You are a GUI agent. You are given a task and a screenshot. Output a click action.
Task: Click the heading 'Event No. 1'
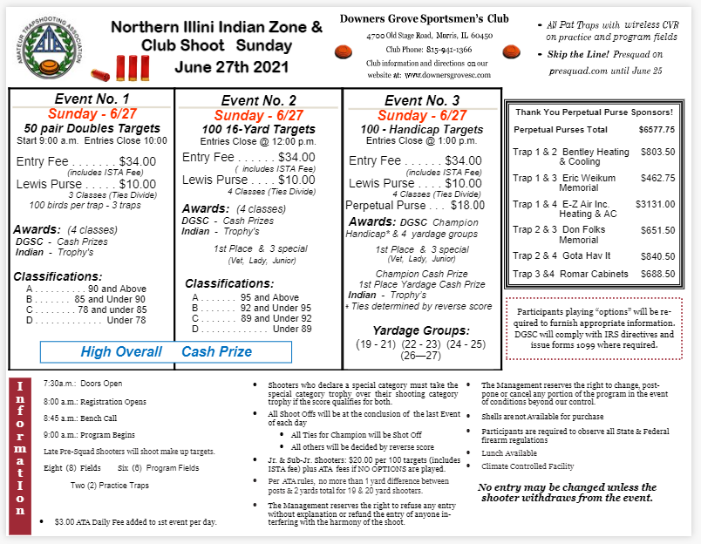pos(92,99)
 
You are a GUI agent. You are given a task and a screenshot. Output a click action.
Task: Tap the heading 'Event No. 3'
pos(422,100)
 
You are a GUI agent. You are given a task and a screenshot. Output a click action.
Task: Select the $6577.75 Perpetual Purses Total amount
pos(657,129)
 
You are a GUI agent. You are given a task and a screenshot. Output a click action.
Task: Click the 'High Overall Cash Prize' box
pos(165,352)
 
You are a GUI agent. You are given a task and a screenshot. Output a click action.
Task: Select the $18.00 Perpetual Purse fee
pos(467,206)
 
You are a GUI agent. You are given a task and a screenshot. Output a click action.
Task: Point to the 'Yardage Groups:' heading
pos(420,330)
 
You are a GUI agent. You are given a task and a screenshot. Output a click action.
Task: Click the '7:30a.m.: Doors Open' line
pos(83,384)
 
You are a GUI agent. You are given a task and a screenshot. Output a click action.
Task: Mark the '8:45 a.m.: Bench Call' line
pos(84,418)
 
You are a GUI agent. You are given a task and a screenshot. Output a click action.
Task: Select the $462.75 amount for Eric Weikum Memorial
pos(657,178)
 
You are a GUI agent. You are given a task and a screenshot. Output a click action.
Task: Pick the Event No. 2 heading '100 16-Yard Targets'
pos(258,129)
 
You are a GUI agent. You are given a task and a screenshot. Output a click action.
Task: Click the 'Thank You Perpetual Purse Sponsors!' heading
pos(594,112)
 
